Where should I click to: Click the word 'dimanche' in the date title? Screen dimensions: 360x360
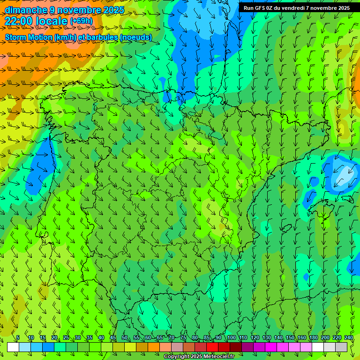(x=26, y=10)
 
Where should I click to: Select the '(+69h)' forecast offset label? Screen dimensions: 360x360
(x=81, y=21)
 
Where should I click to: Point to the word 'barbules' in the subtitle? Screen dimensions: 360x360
(x=103, y=37)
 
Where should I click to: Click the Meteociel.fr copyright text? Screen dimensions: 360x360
(x=199, y=357)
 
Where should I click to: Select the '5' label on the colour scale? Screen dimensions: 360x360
(x=18, y=337)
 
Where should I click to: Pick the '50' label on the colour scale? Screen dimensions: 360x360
(x=124, y=337)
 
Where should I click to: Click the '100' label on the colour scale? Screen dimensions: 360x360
(x=231, y=337)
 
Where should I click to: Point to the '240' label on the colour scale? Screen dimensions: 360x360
(x=349, y=337)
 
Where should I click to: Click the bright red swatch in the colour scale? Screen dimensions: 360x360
(x=212, y=347)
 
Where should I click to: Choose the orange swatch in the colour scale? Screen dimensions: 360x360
(x=154, y=347)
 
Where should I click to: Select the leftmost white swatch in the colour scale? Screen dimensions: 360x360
(x=13, y=347)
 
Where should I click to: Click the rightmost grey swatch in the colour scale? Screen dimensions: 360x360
(x=342, y=347)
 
